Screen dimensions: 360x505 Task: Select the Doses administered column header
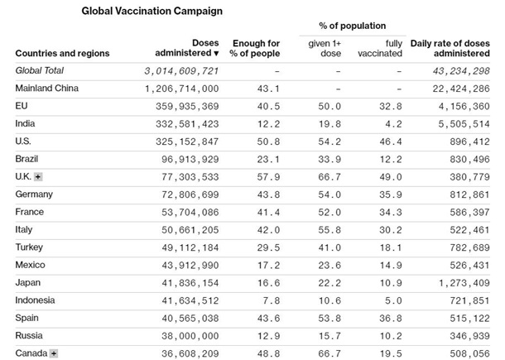[193, 47]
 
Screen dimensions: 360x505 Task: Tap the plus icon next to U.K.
[38, 177]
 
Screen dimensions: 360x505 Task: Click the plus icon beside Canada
[54, 353]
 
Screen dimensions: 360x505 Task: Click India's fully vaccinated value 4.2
[393, 124]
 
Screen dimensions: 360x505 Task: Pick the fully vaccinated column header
[382, 47]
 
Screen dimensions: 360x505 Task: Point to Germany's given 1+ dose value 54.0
[330, 194]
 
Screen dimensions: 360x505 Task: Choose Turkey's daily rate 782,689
[462, 247]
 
